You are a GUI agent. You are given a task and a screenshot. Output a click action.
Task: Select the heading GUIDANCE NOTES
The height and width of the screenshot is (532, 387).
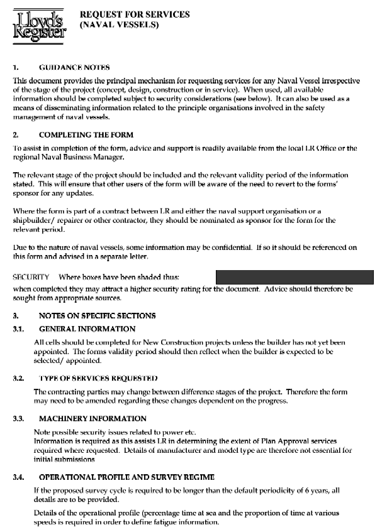click(x=74, y=67)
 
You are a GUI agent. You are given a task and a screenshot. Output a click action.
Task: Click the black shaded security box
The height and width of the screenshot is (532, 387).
click(x=294, y=276)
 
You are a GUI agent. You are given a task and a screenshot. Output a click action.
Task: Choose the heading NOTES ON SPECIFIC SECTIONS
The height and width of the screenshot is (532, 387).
click(x=98, y=315)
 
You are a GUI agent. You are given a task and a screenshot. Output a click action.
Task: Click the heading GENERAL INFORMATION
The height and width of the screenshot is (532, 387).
click(x=87, y=328)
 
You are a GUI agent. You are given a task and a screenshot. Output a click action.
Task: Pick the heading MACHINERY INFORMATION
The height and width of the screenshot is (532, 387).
click(x=93, y=418)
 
